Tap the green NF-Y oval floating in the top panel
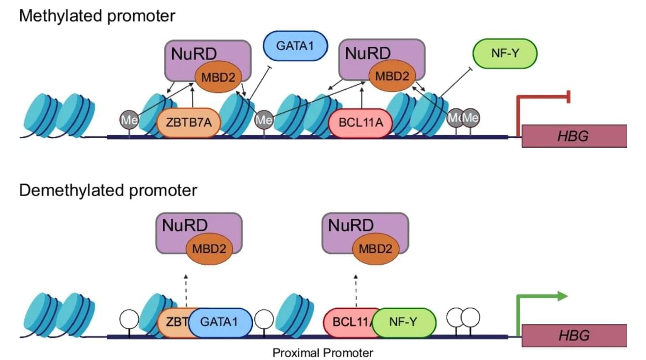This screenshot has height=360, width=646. click(x=504, y=54)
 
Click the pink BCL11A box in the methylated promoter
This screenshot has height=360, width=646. click(x=360, y=123)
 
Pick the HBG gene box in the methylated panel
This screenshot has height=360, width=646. click(x=574, y=136)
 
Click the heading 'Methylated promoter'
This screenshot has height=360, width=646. click(x=97, y=16)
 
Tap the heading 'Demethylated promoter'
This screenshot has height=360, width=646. click(x=108, y=190)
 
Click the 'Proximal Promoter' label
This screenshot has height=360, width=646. click(x=323, y=352)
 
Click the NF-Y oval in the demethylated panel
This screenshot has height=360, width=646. click(x=404, y=322)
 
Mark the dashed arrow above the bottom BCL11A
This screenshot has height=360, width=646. click(x=355, y=289)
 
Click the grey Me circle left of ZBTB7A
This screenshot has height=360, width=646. click(x=129, y=120)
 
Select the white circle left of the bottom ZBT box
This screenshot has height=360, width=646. click(x=129, y=319)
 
